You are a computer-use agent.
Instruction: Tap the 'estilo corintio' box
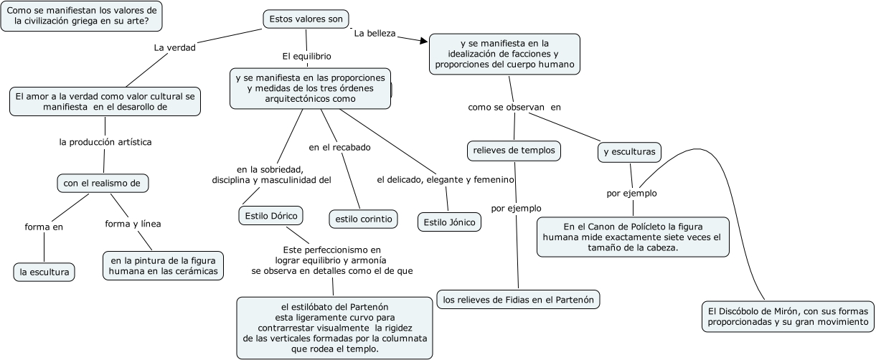pos(362,219)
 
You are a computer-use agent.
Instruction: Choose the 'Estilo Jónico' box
pos(449,222)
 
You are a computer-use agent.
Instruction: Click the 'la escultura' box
pos(44,272)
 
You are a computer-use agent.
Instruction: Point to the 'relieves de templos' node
pos(513,151)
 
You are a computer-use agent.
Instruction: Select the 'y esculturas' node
pos(629,152)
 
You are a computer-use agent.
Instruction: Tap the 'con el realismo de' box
pos(103,183)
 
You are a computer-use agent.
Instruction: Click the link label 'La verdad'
pos(174,48)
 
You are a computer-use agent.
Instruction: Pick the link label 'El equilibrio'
pos(306,55)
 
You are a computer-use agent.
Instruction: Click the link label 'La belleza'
pos(375,33)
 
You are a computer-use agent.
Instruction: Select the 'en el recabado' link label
pos(339,147)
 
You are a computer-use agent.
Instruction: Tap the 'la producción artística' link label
pos(105,142)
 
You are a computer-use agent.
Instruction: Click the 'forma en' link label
pos(44,227)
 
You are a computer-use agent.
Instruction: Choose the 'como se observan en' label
pos(514,107)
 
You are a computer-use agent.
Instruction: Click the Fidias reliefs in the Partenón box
pos(518,299)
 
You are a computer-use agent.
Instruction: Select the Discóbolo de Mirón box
pos(787,316)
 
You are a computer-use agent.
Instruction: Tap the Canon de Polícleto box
pos(632,237)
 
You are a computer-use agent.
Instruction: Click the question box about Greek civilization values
pos(82,16)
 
